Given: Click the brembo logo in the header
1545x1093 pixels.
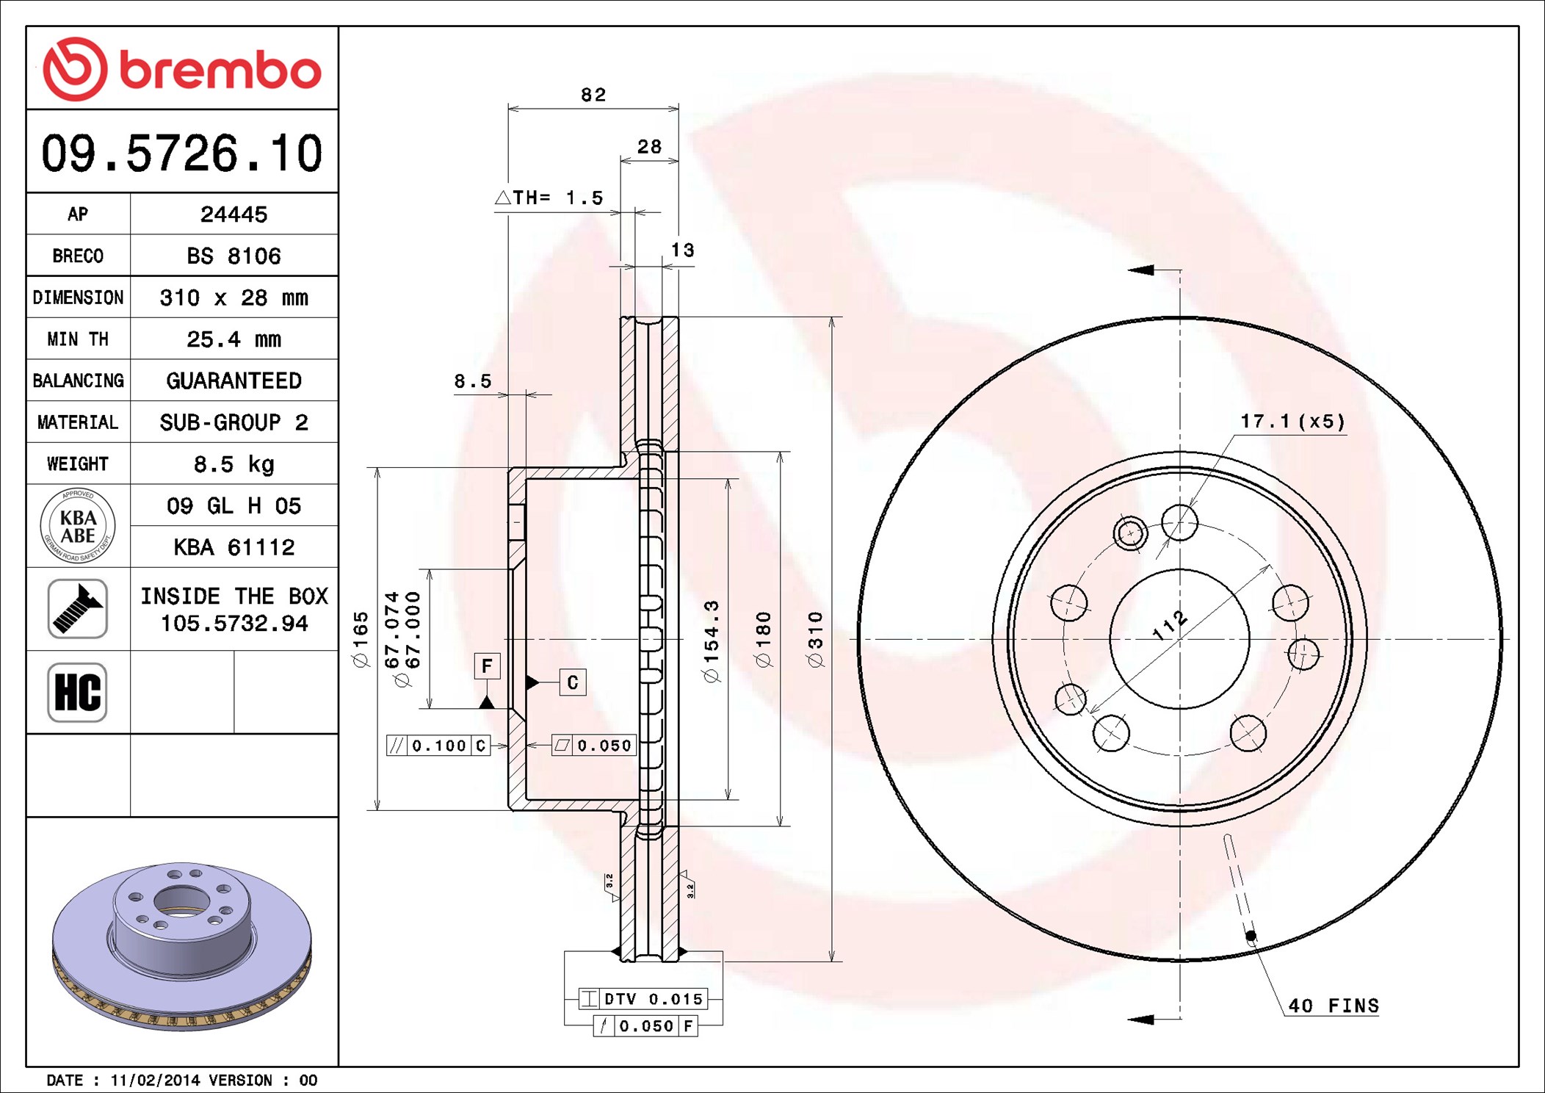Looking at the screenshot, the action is pos(182,69).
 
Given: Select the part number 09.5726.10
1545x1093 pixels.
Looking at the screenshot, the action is pos(182,154).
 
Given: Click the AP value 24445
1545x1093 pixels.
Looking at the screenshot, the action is pos(234,214).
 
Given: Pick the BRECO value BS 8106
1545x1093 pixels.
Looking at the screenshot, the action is pos(234,256).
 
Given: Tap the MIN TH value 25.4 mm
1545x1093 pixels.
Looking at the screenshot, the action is pos(234,339).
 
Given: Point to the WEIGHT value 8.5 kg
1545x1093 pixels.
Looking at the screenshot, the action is pos(234,463).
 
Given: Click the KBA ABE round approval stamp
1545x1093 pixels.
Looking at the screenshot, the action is pos(78,526).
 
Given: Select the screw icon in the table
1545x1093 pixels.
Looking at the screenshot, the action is pos(78,608).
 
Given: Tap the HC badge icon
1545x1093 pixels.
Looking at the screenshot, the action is pos(78,692).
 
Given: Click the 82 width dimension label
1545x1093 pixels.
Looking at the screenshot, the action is pos(593,95).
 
